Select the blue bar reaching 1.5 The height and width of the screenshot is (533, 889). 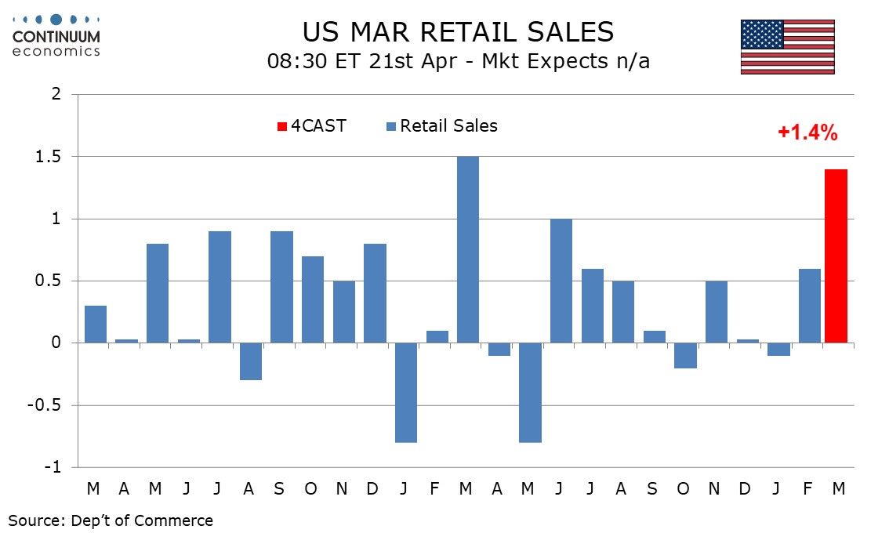[x=468, y=249]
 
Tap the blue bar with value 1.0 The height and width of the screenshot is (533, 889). [x=561, y=281]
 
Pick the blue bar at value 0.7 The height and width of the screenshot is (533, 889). [x=313, y=299]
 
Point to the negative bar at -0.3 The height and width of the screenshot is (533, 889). [x=250, y=361]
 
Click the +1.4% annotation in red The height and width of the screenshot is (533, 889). [x=807, y=133]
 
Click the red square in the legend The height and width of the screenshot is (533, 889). [x=283, y=126]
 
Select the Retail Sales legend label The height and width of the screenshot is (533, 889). [x=448, y=125]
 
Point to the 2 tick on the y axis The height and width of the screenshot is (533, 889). [x=56, y=94]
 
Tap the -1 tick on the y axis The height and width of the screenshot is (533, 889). [x=53, y=467]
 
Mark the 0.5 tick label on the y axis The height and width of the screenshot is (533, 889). [x=50, y=281]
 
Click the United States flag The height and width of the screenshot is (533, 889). [x=787, y=47]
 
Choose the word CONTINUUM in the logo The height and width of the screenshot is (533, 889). [x=56, y=37]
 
